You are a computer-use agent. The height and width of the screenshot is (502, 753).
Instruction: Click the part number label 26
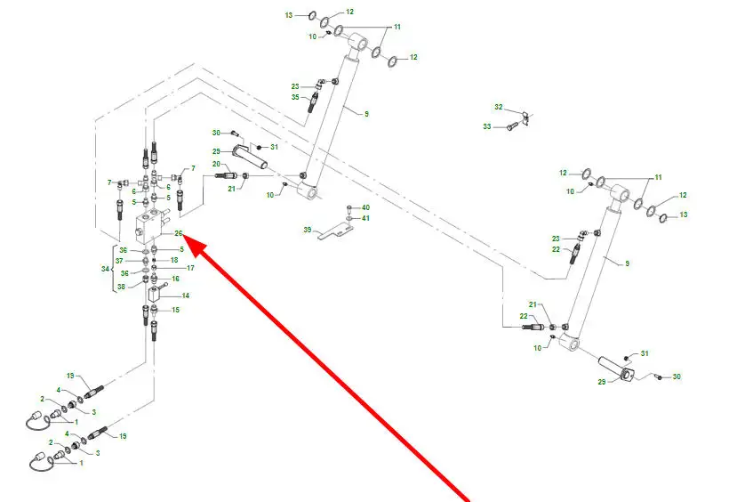[179, 233]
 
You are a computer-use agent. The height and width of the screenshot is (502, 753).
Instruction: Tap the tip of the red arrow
[184, 237]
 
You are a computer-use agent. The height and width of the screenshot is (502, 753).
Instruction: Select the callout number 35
[295, 97]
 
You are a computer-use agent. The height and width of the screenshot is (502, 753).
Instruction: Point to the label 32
[499, 107]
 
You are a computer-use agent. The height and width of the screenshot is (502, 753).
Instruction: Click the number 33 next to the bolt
[487, 126]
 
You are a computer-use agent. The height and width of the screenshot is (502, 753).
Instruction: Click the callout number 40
[365, 207]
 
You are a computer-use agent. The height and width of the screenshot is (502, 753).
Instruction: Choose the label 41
[365, 218]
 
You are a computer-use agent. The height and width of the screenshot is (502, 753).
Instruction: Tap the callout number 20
[216, 164]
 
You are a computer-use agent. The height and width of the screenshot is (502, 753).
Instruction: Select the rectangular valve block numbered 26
[150, 225]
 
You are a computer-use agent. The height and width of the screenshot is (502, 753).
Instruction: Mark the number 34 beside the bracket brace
[105, 269]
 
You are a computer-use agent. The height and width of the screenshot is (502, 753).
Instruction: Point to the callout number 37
[119, 261]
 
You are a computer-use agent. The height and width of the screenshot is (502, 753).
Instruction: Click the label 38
[121, 287]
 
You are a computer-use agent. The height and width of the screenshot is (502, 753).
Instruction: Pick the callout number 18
[174, 260]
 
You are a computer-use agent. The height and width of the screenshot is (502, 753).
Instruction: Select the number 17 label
[190, 268]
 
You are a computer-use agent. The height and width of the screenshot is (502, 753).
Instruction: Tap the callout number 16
[175, 279]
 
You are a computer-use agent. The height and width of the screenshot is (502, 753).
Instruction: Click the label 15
[175, 310]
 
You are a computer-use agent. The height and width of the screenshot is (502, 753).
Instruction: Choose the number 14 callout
[186, 296]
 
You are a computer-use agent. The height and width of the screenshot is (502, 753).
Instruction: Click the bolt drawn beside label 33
[512, 126]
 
